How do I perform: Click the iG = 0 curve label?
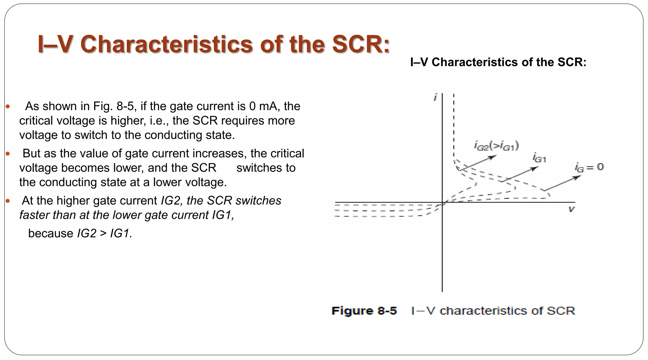click(x=589, y=167)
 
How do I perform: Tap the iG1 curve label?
click(x=539, y=158)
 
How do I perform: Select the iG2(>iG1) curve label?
click(x=496, y=146)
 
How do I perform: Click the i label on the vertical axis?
click(x=435, y=97)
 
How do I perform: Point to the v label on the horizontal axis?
click(x=571, y=209)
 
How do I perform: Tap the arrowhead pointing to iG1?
click(x=535, y=168)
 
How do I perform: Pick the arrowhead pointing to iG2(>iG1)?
click(x=494, y=157)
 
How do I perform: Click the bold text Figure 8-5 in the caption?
click(x=364, y=311)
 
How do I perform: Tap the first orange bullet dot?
click(x=8, y=107)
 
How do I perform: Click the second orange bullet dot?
click(x=8, y=154)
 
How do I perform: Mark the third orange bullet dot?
click(x=8, y=201)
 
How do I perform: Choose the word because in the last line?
click(x=51, y=233)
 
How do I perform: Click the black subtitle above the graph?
click(x=498, y=62)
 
